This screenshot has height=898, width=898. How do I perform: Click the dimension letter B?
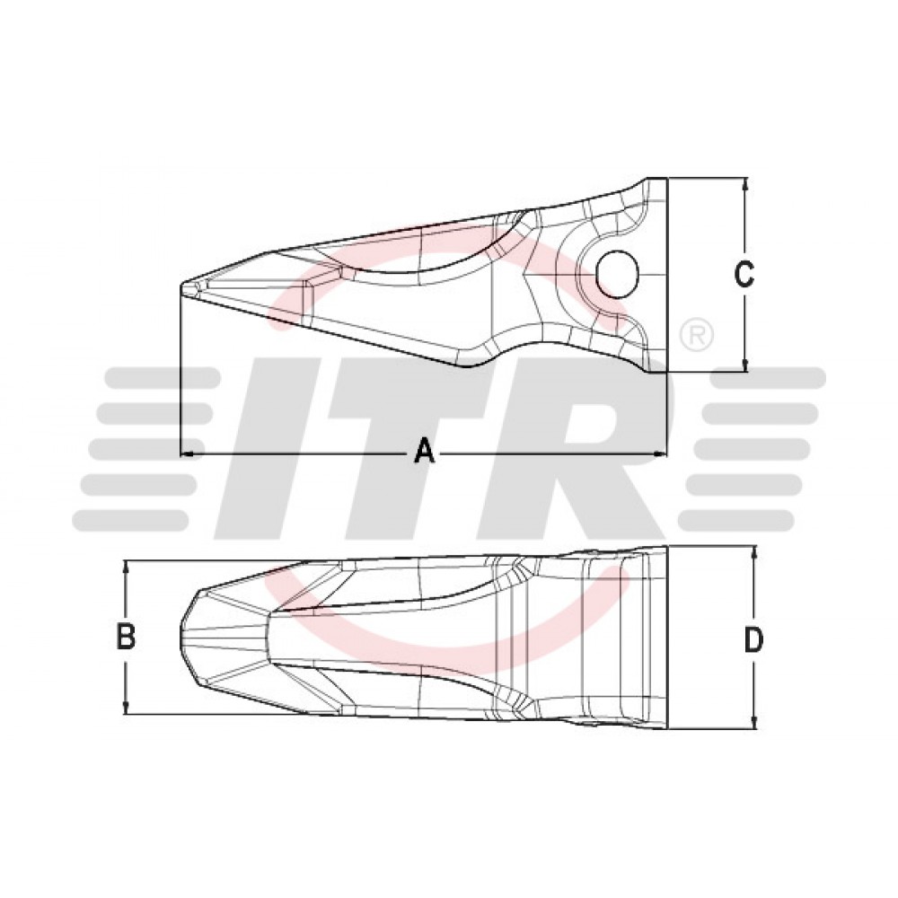point(126,637)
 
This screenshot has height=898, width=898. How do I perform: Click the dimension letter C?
point(744,274)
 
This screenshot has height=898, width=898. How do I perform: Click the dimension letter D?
point(753,639)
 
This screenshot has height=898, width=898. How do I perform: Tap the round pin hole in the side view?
point(617,274)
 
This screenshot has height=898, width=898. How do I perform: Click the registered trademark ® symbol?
point(696,336)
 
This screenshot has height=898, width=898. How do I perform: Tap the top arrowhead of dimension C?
point(744,184)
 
